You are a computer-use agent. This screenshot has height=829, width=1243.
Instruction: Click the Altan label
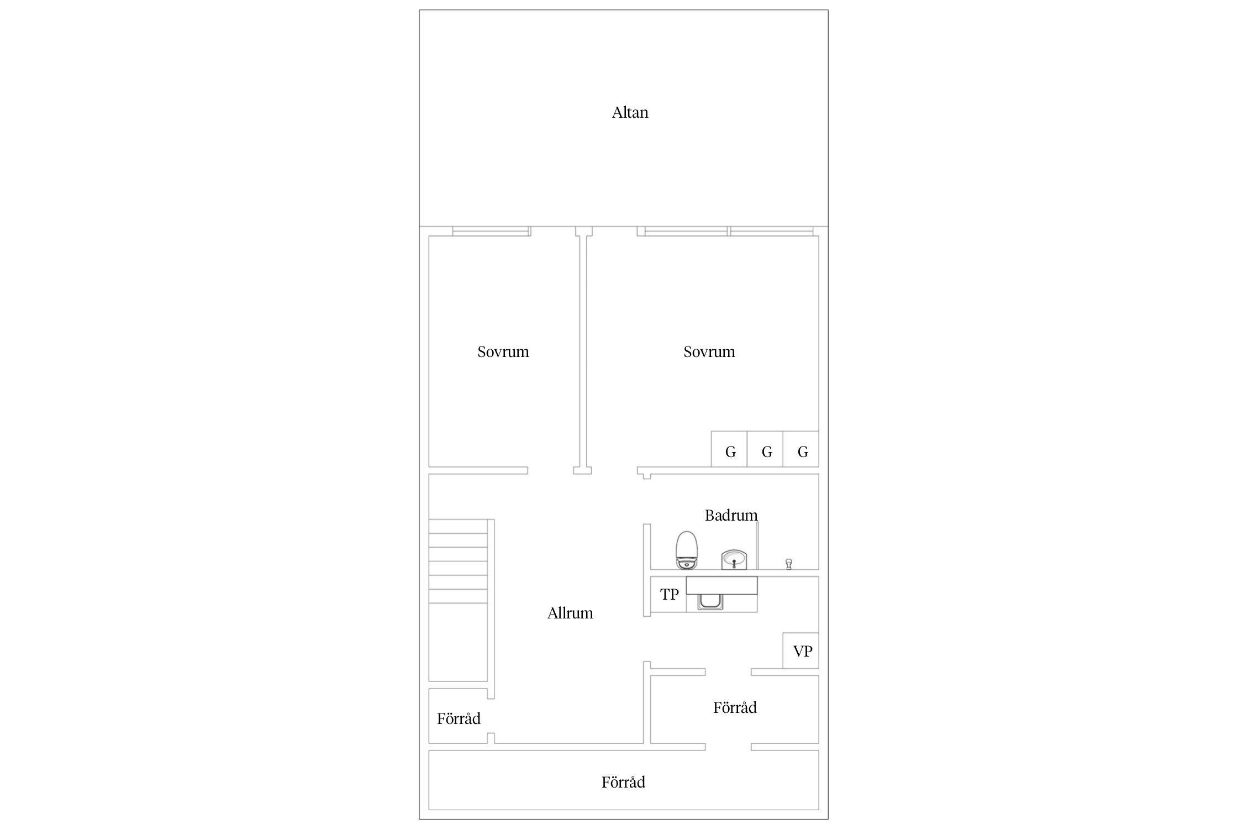tap(630, 113)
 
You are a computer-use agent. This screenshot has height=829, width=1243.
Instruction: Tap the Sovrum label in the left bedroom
tap(503, 352)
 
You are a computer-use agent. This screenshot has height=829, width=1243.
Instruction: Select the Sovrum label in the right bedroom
tap(709, 352)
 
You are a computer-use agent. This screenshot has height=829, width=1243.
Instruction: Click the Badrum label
tap(731, 516)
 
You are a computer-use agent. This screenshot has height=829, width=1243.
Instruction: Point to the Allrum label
tap(570, 613)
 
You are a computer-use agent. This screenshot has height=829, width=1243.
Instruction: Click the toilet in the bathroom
tap(687, 550)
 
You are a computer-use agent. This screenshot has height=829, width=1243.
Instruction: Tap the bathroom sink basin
tap(734, 559)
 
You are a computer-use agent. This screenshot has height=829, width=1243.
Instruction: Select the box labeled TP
tap(668, 594)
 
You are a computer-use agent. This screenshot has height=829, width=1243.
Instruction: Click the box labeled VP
tap(801, 650)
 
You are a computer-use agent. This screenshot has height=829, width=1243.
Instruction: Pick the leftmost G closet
tap(729, 449)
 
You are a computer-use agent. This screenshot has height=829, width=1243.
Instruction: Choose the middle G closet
tap(765, 449)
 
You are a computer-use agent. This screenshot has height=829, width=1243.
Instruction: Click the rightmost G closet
tap(801, 449)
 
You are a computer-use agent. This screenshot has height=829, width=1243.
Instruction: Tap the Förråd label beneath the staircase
tap(459, 718)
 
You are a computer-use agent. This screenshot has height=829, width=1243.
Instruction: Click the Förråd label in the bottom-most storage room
tap(623, 782)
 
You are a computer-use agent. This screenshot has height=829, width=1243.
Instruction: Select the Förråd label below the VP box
tap(735, 707)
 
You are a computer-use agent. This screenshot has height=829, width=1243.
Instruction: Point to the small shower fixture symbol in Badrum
tap(789, 564)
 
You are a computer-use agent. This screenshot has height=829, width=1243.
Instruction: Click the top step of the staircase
tap(459, 526)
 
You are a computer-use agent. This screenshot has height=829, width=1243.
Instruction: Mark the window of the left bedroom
tap(491, 231)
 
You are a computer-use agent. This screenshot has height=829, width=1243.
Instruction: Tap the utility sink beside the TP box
tap(710, 601)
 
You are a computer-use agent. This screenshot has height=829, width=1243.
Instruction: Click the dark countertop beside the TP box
tap(721, 585)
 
